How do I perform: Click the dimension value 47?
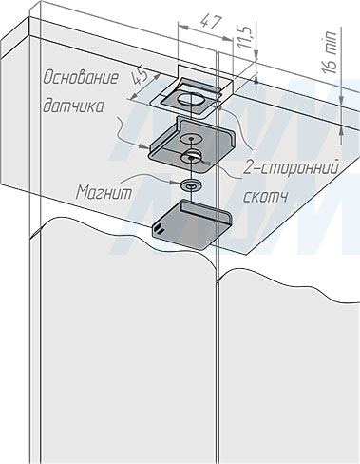click(211, 23)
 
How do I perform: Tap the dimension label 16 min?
click(331, 52)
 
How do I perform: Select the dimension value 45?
click(140, 77)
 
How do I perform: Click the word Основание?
click(81, 78)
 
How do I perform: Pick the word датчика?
click(73, 106)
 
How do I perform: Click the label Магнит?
click(104, 192)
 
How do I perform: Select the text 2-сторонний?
click(291, 167)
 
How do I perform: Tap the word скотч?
click(265, 197)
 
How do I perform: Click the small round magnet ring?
click(190, 185)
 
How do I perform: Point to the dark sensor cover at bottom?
click(192, 223)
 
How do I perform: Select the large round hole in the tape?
click(191, 99)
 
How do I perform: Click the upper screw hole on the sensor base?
click(191, 139)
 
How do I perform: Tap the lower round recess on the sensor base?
click(190, 157)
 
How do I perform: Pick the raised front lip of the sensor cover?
click(206, 208)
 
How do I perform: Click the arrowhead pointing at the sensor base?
click(144, 146)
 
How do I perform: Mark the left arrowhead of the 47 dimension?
click(183, 27)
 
